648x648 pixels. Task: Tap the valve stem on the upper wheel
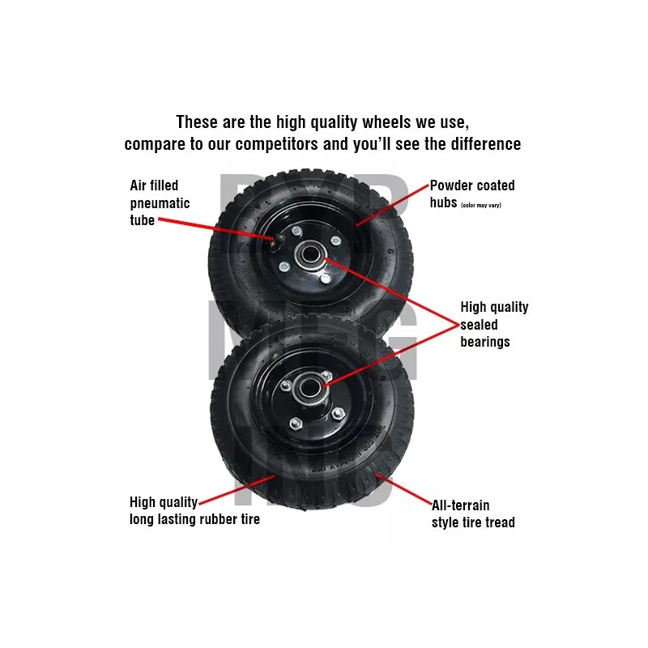pyautogui.click(x=278, y=238)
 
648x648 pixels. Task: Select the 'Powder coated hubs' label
pyautogui.click(x=472, y=194)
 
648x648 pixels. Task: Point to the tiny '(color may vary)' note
pyautogui.click(x=481, y=205)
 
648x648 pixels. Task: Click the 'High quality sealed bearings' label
pyautogui.click(x=494, y=324)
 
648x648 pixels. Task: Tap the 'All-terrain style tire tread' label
pyautogui.click(x=473, y=514)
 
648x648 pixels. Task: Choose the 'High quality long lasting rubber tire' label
pyautogui.click(x=194, y=511)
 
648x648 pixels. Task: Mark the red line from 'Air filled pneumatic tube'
pyautogui.click(x=215, y=227)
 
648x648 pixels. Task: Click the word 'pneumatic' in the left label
pyautogui.click(x=160, y=202)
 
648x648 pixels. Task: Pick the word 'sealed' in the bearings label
pyautogui.click(x=480, y=324)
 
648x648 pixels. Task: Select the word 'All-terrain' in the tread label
pyautogui.click(x=460, y=505)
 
